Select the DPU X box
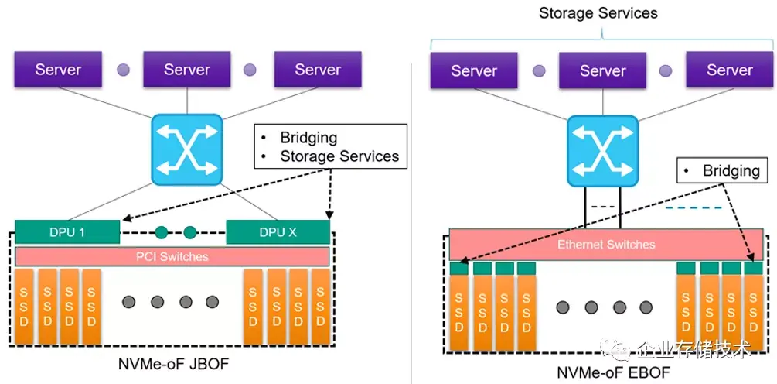(x=278, y=231)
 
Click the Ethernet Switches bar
(x=606, y=245)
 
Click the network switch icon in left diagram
(x=186, y=149)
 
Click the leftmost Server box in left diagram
(x=58, y=70)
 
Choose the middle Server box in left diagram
(x=187, y=70)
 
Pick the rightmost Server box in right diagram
(x=729, y=70)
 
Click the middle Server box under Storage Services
(x=603, y=70)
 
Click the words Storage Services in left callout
(x=339, y=156)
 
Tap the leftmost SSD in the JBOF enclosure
(x=26, y=307)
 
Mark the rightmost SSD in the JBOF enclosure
(x=320, y=307)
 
